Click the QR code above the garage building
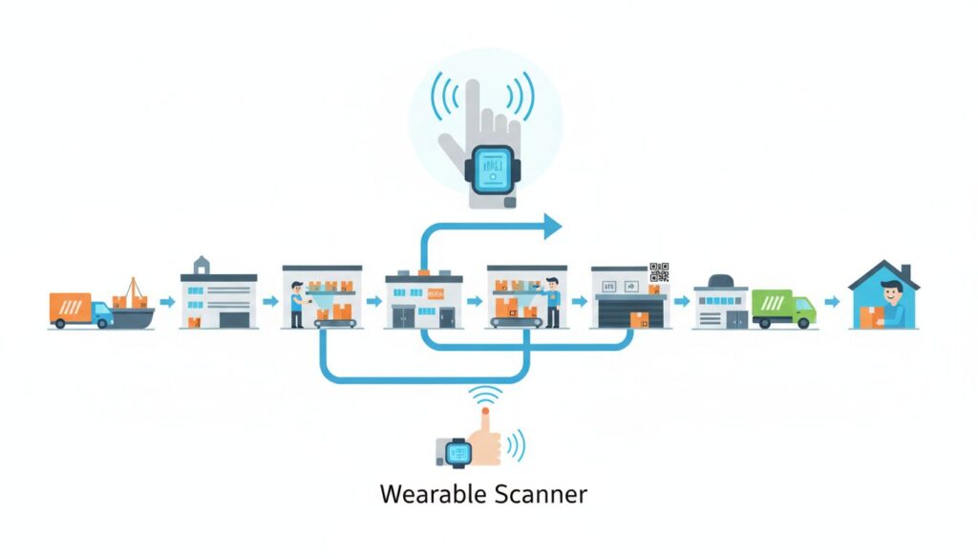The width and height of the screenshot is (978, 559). (659, 271)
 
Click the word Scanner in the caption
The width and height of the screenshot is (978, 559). (541, 495)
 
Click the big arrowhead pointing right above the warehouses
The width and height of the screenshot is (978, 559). (551, 226)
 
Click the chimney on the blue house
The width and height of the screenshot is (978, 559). (904, 272)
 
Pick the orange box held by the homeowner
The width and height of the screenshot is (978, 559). (870, 316)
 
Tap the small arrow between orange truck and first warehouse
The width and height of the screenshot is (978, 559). (168, 303)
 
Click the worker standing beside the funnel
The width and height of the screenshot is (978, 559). (295, 303)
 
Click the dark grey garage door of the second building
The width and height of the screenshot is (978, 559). (234, 318)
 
